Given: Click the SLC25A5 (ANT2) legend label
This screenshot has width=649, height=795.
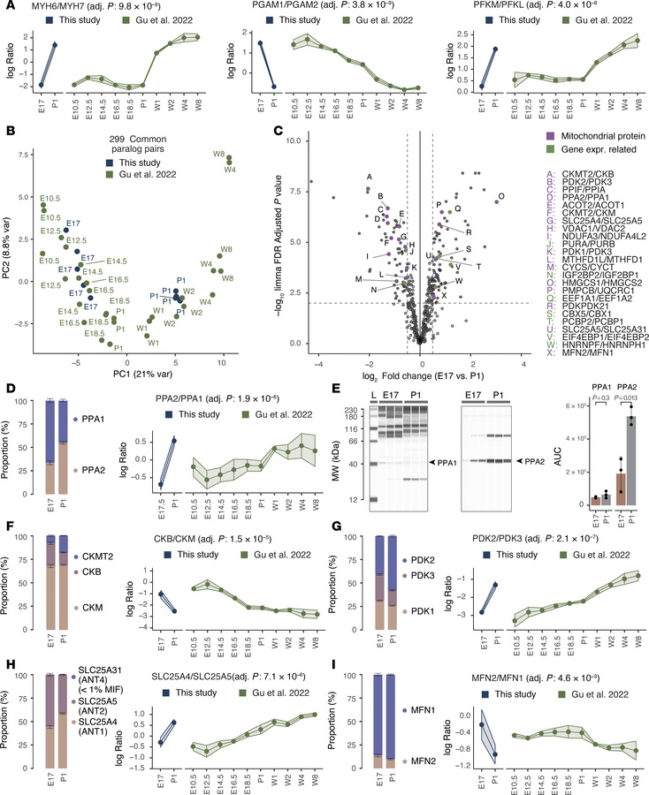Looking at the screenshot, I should (88, 706).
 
